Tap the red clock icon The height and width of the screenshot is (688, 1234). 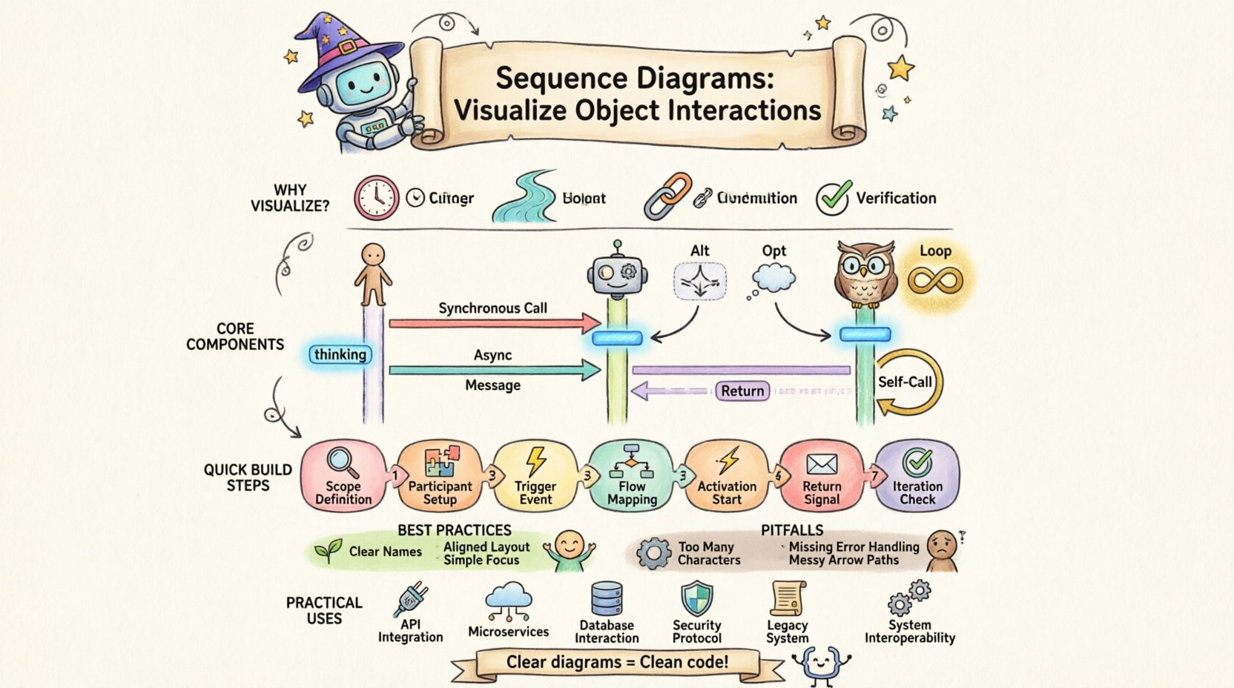click(x=376, y=198)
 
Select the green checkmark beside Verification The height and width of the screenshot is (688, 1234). click(x=833, y=198)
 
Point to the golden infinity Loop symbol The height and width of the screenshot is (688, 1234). click(x=935, y=280)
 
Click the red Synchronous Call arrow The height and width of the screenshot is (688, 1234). click(x=493, y=323)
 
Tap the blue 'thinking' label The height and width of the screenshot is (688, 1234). click(x=340, y=354)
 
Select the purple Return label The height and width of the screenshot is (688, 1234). click(x=742, y=391)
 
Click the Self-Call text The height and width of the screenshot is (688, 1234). click(x=905, y=382)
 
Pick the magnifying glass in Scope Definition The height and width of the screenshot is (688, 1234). click(x=342, y=461)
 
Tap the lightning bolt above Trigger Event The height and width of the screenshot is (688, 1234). click(x=535, y=461)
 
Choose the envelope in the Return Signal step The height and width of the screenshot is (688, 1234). click(x=822, y=464)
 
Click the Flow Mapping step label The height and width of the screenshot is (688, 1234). click(x=632, y=493)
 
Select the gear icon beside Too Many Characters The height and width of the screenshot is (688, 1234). click(x=653, y=553)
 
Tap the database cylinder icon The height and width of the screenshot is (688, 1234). click(x=607, y=599)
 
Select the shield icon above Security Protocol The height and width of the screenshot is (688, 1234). click(x=696, y=598)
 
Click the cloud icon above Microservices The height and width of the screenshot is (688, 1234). click(x=508, y=598)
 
